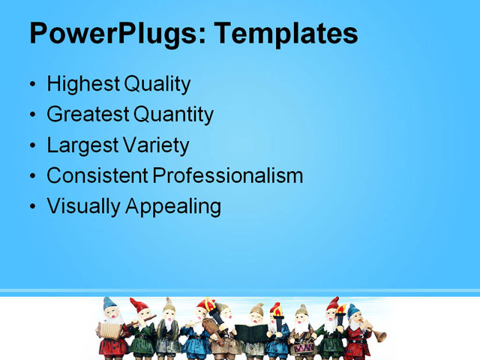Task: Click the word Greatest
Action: (x=88, y=115)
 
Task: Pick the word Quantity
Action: (x=175, y=115)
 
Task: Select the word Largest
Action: (x=81, y=145)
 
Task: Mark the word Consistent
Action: (x=97, y=175)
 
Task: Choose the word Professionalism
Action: (x=229, y=175)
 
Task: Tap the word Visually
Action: (x=83, y=206)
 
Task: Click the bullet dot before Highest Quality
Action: (x=32, y=85)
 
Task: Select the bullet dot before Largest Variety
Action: (x=32, y=145)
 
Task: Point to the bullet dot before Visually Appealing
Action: (x=32, y=206)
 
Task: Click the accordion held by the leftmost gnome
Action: (x=109, y=330)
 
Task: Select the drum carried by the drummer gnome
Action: (x=303, y=347)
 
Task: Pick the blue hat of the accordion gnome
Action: (x=109, y=303)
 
